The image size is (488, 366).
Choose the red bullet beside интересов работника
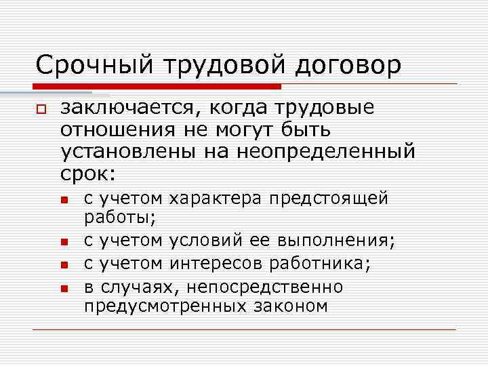click(64, 264)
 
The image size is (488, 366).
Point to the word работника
click(320, 262)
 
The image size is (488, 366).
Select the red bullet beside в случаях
click(64, 287)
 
